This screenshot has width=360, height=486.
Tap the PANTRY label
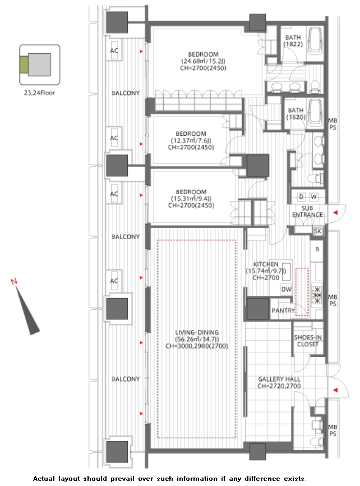[x=283, y=310]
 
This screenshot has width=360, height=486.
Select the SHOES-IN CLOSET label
[x=308, y=341]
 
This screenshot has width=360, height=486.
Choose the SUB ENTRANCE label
[x=307, y=212]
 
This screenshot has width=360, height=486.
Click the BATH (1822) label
[x=293, y=40]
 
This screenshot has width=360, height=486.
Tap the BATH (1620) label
[x=296, y=113]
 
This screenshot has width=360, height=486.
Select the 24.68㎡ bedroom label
[x=203, y=61]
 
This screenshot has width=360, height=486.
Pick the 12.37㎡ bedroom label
[x=191, y=140]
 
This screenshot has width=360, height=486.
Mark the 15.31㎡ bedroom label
[x=191, y=199]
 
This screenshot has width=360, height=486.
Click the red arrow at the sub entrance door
[x=335, y=212]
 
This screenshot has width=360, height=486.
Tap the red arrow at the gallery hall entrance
[x=335, y=390]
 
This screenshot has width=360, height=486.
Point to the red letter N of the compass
[x=13, y=281]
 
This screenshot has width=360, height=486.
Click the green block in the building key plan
[x=24, y=65]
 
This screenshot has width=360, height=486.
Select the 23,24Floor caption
[x=39, y=93]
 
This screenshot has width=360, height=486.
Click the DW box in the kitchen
[x=287, y=289]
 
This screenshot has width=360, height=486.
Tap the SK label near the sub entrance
[x=317, y=231]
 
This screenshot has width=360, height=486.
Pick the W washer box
[x=314, y=196]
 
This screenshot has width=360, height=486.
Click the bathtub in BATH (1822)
[x=315, y=40]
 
